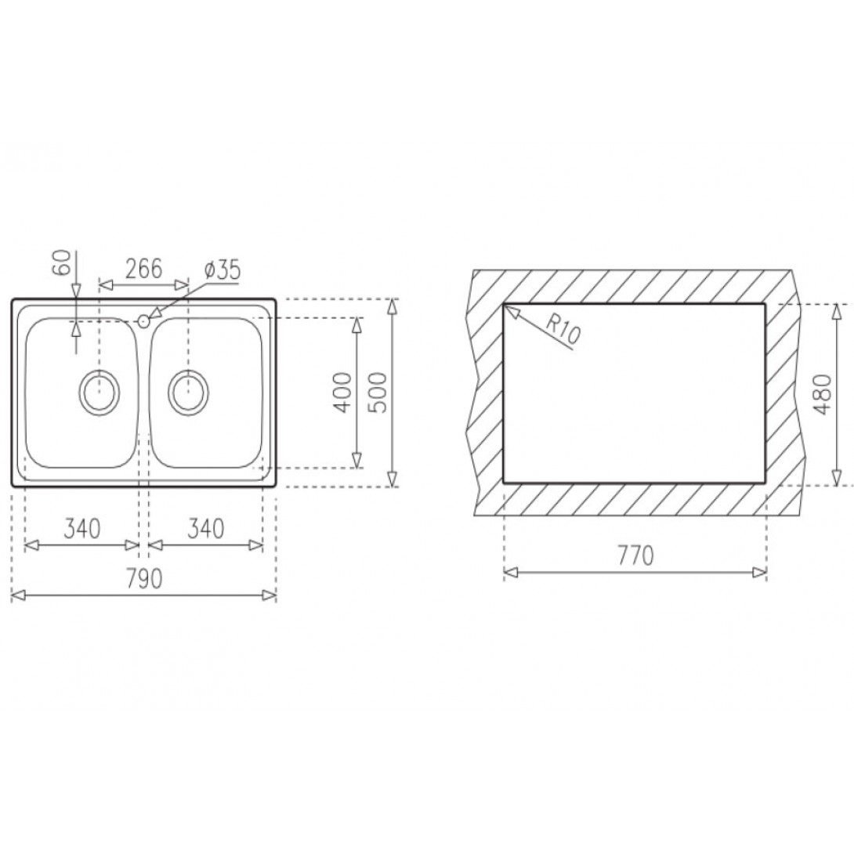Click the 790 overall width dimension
144,579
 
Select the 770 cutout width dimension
635,555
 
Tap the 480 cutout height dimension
820,393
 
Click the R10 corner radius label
561,328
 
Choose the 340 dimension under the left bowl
81,529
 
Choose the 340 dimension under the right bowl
205,529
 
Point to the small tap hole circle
143,320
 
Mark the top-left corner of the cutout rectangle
503,303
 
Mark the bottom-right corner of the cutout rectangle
765,482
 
